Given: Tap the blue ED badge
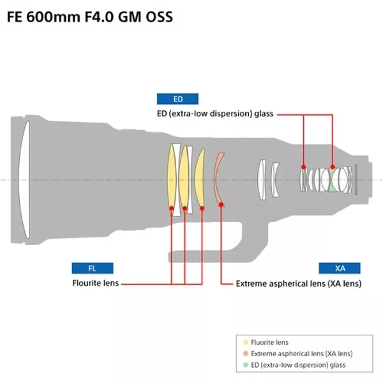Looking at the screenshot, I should coord(177,99).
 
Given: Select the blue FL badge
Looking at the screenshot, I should coord(92,268).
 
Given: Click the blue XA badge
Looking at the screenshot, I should coord(340,268).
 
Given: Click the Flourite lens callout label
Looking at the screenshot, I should coord(95,283).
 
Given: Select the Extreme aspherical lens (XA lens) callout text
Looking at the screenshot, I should coord(298,283).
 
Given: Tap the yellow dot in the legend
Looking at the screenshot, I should coord(246,343).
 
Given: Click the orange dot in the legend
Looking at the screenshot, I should coord(246,354).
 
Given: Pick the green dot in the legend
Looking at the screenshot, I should coord(246,364).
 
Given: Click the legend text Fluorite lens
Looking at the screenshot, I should coord(270,343).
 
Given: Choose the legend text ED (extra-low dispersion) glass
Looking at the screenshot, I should coord(298,364).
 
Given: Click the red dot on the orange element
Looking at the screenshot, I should coord(222,204).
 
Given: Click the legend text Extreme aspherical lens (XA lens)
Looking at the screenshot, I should coord(301,354).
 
